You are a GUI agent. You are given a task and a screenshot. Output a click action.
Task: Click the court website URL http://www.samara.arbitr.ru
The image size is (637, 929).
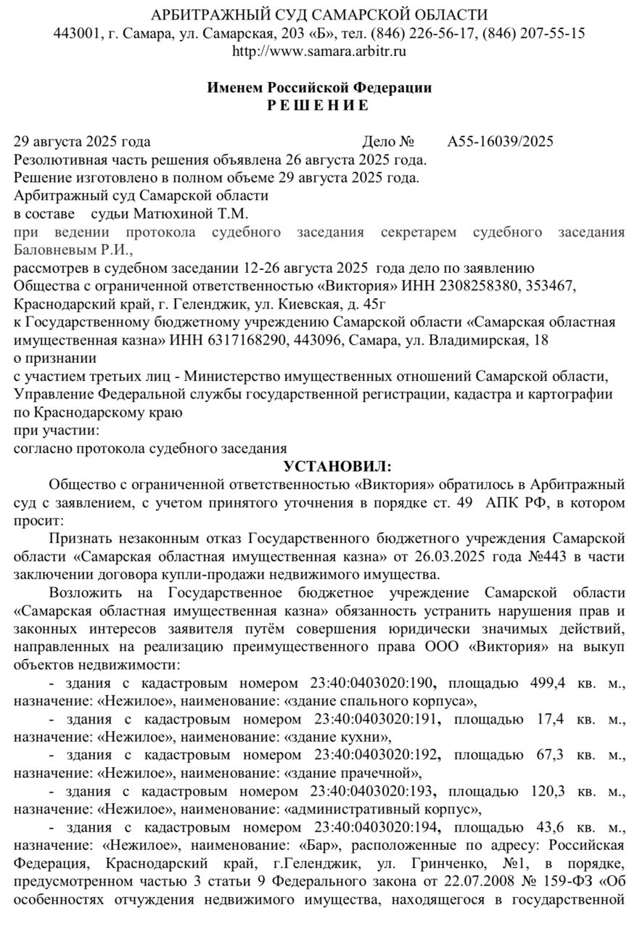tap(318, 51)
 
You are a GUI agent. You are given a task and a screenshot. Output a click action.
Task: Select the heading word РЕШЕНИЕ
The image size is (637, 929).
tap(318, 105)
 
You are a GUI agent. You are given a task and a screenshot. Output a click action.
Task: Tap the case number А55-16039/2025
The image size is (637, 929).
tap(501, 142)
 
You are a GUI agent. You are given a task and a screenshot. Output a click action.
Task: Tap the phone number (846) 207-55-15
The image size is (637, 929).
tap(534, 33)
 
